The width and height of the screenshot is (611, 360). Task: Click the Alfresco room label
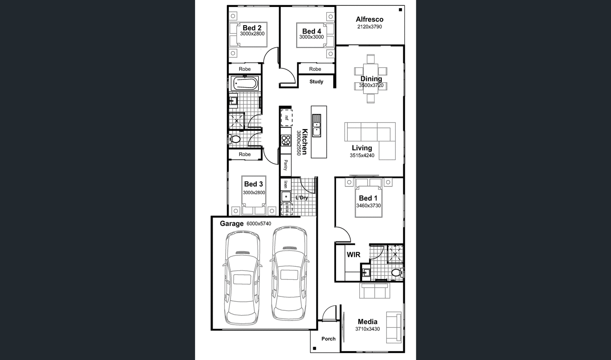369,19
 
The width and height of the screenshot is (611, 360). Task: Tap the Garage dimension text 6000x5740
259,224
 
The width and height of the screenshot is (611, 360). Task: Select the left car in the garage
242,278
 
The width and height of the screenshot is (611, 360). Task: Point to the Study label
316,81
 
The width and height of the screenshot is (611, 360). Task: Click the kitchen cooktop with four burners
286,140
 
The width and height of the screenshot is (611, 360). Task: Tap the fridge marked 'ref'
286,118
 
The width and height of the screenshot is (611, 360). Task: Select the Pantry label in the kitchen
286,165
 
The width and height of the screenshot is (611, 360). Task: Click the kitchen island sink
316,125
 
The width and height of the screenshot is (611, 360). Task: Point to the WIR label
353,255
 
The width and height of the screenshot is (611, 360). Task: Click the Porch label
328,338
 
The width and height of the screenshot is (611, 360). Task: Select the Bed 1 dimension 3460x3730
368,206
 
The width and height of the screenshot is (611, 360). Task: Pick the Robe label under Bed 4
315,69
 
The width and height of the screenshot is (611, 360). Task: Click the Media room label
367,322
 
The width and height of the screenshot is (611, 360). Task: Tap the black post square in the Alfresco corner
400,10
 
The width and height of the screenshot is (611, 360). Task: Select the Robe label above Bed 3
244,154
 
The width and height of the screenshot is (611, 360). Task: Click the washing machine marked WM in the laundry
287,209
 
